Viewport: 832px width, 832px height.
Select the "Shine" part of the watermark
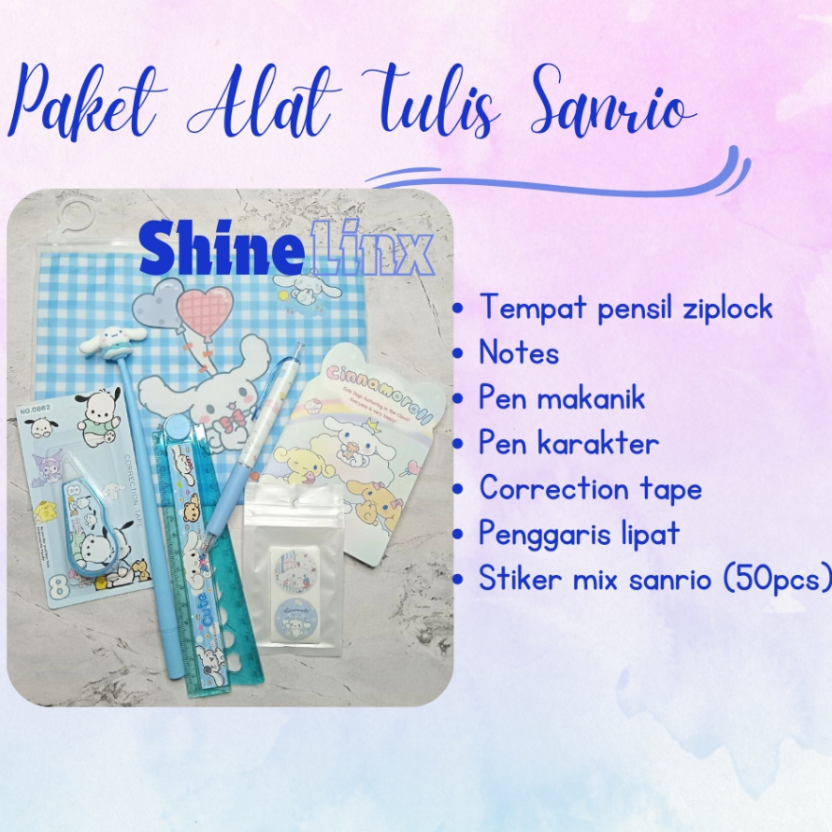pyautogui.click(x=208, y=249)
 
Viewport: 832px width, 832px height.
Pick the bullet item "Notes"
pyautogui.click(x=519, y=353)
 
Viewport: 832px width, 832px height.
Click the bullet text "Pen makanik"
pyautogui.click(x=562, y=398)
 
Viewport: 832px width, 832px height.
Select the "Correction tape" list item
pyautogui.click(x=590, y=489)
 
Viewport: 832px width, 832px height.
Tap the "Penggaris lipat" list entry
pyautogui.click(x=580, y=534)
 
